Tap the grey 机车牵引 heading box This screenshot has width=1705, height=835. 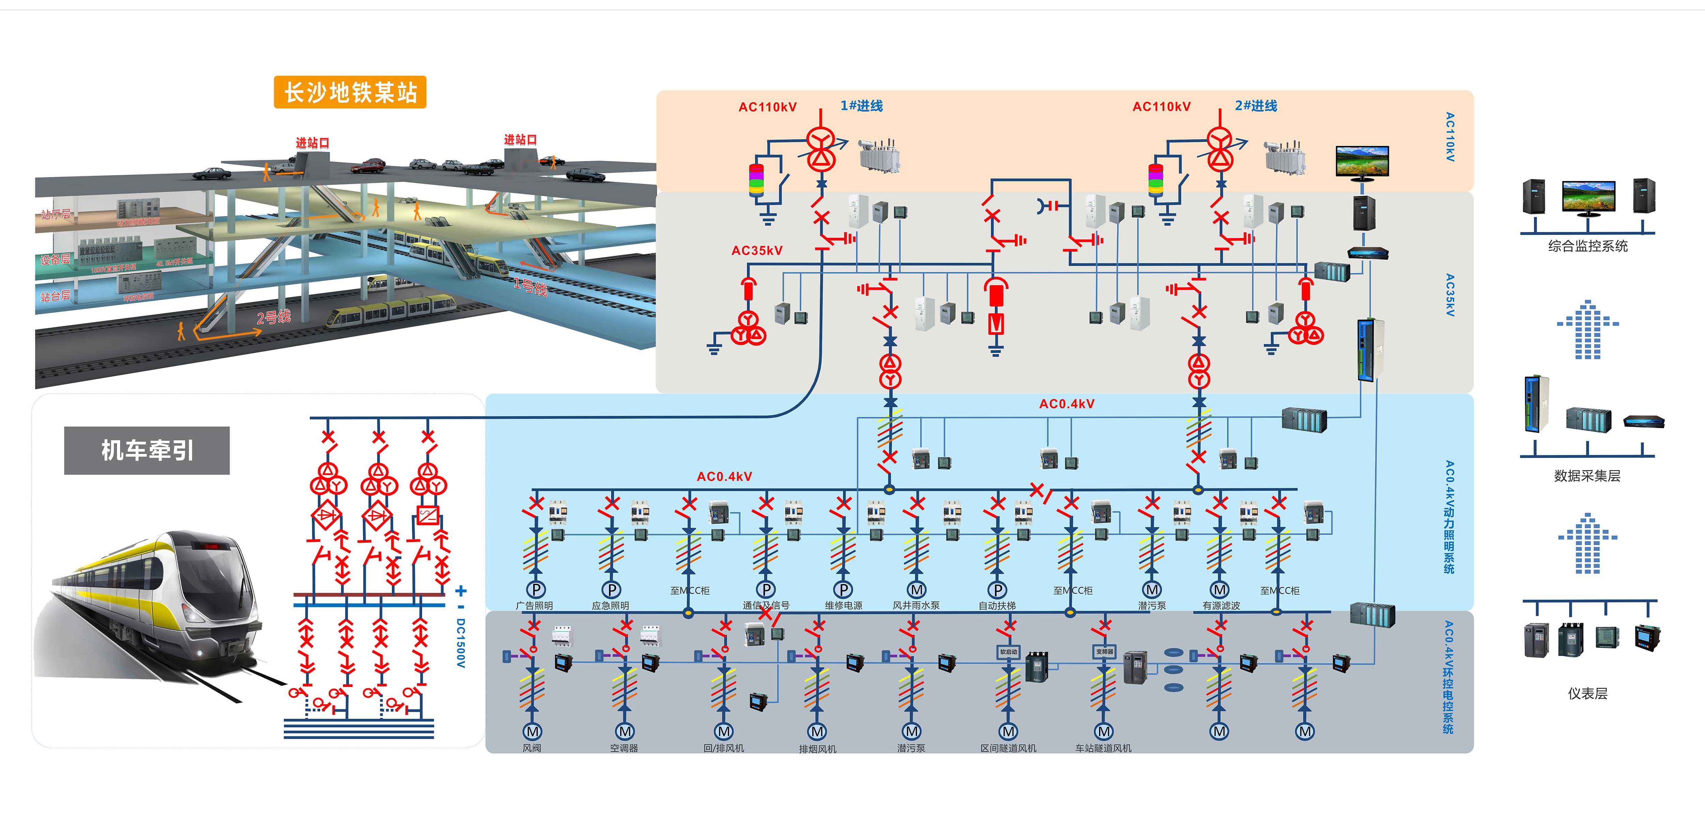point(147,450)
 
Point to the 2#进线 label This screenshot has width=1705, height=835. point(1256,106)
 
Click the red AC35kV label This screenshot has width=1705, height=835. point(757,250)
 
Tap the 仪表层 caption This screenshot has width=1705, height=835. point(1587,693)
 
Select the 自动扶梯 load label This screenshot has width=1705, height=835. point(997,605)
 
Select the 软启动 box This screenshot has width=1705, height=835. point(1008,652)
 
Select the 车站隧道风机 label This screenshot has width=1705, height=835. point(1103,748)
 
